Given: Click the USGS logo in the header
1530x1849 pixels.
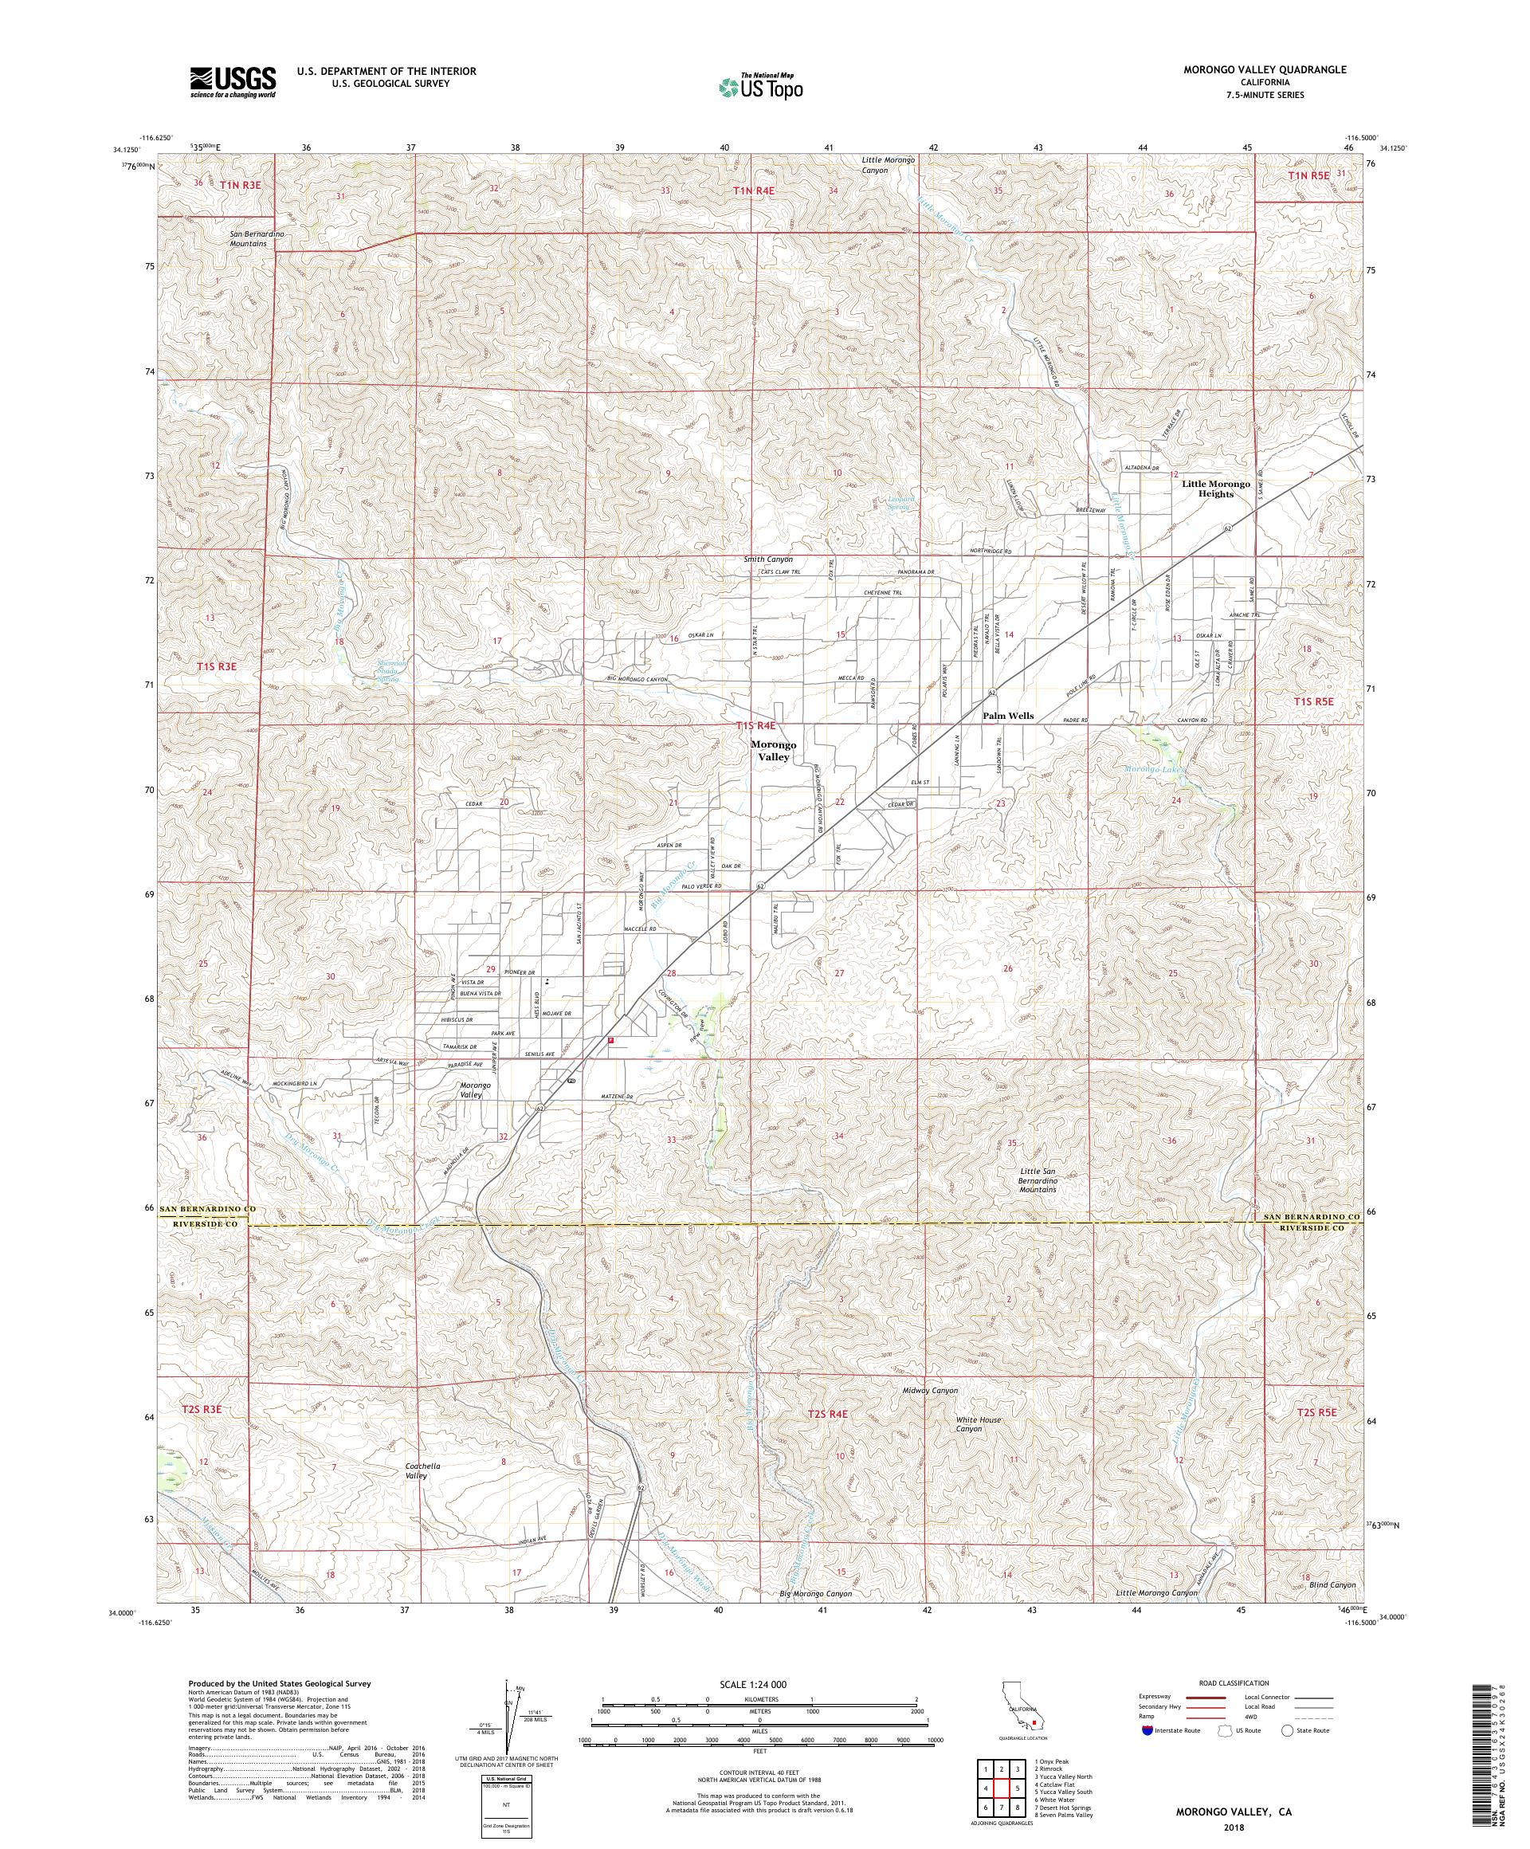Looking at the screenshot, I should [x=233, y=83].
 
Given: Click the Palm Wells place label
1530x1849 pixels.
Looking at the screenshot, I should [x=1008, y=716].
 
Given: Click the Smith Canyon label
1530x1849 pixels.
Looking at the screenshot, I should [x=767, y=559].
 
